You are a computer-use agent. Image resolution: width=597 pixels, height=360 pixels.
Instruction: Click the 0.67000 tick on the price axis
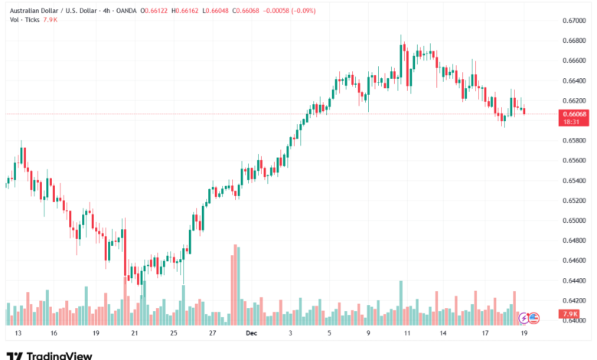point(574,20)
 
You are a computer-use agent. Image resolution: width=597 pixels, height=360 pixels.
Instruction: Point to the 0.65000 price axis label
point(574,221)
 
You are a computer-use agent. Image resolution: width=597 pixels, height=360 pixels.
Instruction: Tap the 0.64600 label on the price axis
point(574,260)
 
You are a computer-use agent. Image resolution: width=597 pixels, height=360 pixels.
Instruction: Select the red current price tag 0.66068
point(574,114)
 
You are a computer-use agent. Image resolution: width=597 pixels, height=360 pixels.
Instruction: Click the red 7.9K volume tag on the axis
point(569,314)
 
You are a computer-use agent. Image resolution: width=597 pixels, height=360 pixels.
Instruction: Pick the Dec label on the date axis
point(251,334)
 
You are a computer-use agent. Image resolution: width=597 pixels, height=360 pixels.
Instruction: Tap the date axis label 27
point(212,334)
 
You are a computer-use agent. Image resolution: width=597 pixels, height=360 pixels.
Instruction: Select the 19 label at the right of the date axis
point(524,334)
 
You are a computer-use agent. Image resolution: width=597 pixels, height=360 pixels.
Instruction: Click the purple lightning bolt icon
point(524,316)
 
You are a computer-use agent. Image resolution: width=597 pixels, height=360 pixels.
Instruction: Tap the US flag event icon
point(534,316)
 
